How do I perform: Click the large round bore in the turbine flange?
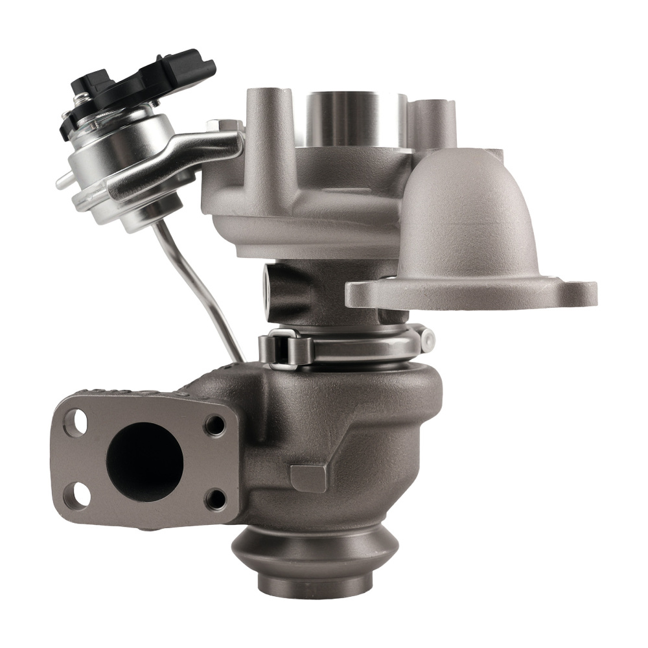144,461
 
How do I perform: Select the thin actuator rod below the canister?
201,292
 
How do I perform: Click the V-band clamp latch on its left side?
285,347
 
